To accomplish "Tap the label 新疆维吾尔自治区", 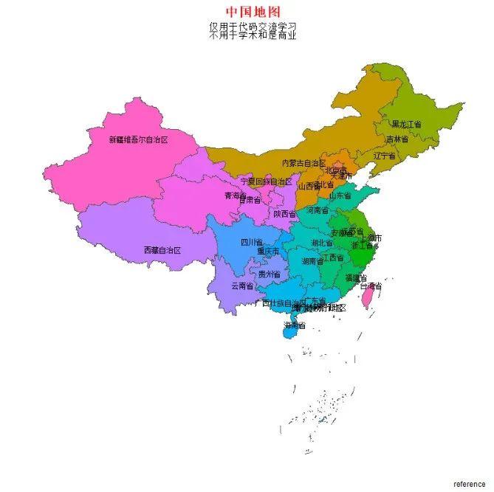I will click(139, 139).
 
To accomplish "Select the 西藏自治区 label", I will click(162, 250).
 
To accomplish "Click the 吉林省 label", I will click(397, 139).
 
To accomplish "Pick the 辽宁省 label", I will click(385, 156).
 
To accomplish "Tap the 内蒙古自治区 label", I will click(303, 163).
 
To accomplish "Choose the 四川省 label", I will click(251, 242).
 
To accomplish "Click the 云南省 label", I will click(242, 285).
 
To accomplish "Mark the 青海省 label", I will click(236, 195).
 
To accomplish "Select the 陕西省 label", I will click(284, 214).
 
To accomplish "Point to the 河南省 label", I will click(316, 210).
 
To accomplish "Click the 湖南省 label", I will click(312, 261).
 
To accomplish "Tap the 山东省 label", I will click(340, 195).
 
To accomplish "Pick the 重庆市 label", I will click(267, 251).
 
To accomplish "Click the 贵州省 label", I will click(270, 274).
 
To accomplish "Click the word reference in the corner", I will click(469, 484).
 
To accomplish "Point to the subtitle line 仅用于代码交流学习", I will click(253, 26).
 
